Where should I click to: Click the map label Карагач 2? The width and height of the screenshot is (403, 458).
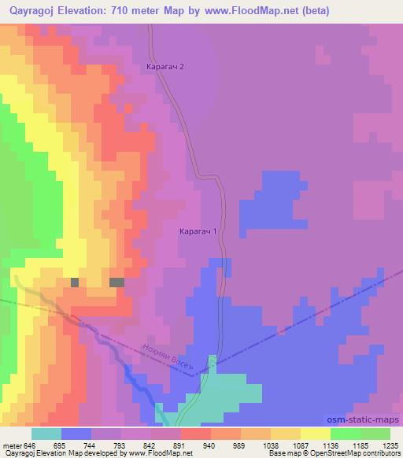tap(165, 67)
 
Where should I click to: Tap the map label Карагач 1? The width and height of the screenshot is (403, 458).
tap(198, 232)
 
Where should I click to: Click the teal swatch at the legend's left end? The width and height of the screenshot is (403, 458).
tap(46, 434)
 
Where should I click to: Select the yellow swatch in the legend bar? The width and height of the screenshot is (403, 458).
tap(316, 434)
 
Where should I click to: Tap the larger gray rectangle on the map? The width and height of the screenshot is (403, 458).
tap(116, 282)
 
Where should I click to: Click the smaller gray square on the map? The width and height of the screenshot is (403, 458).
tap(75, 282)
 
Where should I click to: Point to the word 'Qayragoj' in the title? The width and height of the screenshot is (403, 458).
tap(31, 11)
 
